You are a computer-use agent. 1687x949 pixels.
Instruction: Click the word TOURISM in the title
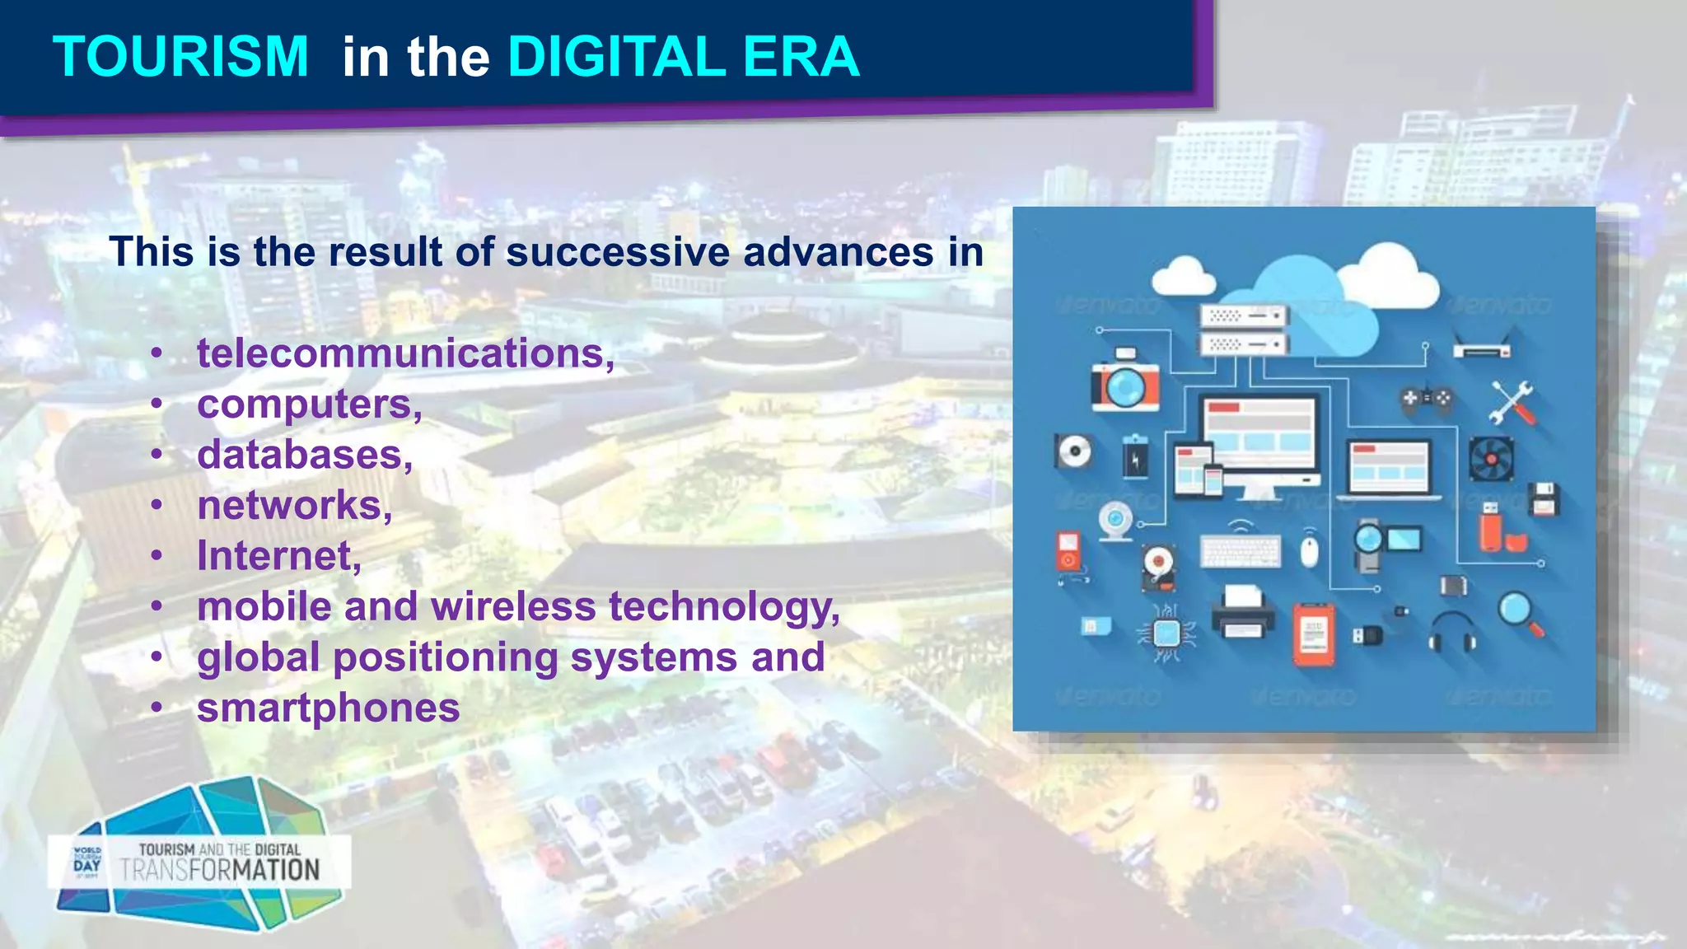pyautogui.click(x=180, y=57)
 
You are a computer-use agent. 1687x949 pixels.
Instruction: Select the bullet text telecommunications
pyautogui.click(x=404, y=353)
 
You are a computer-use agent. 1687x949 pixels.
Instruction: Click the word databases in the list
pyautogui.click(x=303, y=455)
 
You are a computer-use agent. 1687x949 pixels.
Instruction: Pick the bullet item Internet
pyautogui.click(x=278, y=556)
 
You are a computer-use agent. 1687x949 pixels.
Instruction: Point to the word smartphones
pyautogui.click(x=328, y=708)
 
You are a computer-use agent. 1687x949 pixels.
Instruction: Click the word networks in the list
pyautogui.click(x=293, y=506)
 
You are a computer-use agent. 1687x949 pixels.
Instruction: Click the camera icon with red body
pyautogui.click(x=1124, y=381)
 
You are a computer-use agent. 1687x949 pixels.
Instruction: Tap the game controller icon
pyautogui.click(x=1427, y=399)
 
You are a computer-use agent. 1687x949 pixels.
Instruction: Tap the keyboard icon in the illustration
pyautogui.click(x=1240, y=551)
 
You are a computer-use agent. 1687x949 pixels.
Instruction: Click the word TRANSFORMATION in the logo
pyautogui.click(x=220, y=870)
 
